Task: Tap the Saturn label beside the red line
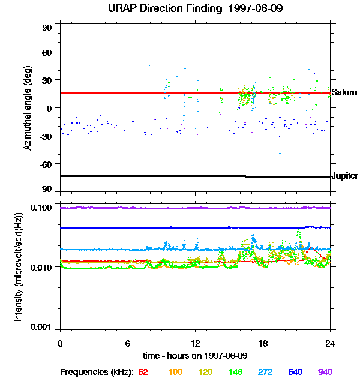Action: coord(344,92)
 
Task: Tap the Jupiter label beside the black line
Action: coord(344,176)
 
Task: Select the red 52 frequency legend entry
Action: coord(143,372)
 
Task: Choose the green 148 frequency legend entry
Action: coord(235,372)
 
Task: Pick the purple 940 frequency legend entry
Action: coord(325,372)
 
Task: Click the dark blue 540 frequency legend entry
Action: coord(295,372)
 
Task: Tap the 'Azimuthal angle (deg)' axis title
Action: coord(27,108)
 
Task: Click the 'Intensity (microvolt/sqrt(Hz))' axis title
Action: coord(19,266)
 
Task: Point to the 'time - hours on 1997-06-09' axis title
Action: coord(195,355)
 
